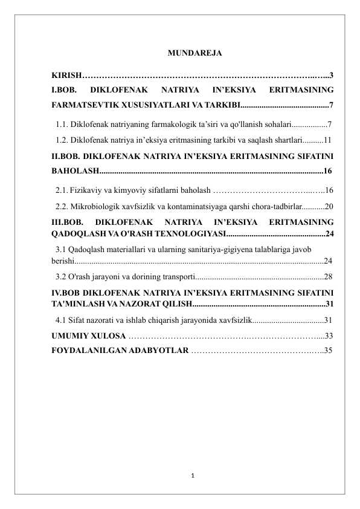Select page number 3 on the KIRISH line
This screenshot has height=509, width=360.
tap(332, 76)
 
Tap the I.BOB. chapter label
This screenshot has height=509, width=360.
tap(63, 91)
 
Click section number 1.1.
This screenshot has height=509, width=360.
tap(60, 125)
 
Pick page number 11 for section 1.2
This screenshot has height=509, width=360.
tap(327, 140)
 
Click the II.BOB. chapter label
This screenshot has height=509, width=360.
tap(65, 155)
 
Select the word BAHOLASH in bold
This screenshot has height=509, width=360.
tap(74, 170)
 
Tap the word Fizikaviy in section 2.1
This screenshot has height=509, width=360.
tap(88, 190)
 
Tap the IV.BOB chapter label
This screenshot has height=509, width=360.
tap(65, 291)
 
